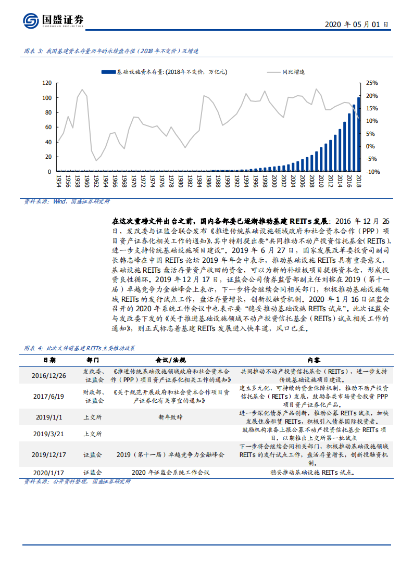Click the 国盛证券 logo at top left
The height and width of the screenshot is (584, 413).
[53, 21]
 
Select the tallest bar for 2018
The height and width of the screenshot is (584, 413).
[358, 134]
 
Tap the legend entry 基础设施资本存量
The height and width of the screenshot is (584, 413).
[164, 72]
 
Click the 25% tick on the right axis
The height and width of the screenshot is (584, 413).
[372, 83]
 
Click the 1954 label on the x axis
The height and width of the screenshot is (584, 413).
[58, 181]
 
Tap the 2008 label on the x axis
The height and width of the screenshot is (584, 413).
[311, 181]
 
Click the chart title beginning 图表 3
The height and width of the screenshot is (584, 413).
[111, 51]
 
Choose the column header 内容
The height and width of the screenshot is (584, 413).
[313, 360]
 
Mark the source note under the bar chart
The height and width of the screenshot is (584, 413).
[67, 201]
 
